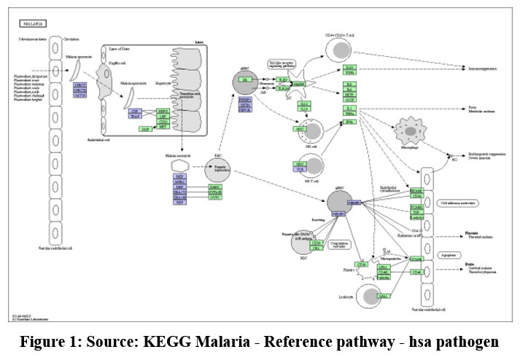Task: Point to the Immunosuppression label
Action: tap(482, 69)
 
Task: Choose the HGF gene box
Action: tap(147, 129)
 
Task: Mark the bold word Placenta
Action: tap(473, 233)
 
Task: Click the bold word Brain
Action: tap(470, 266)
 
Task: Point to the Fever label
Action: tap(473, 108)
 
